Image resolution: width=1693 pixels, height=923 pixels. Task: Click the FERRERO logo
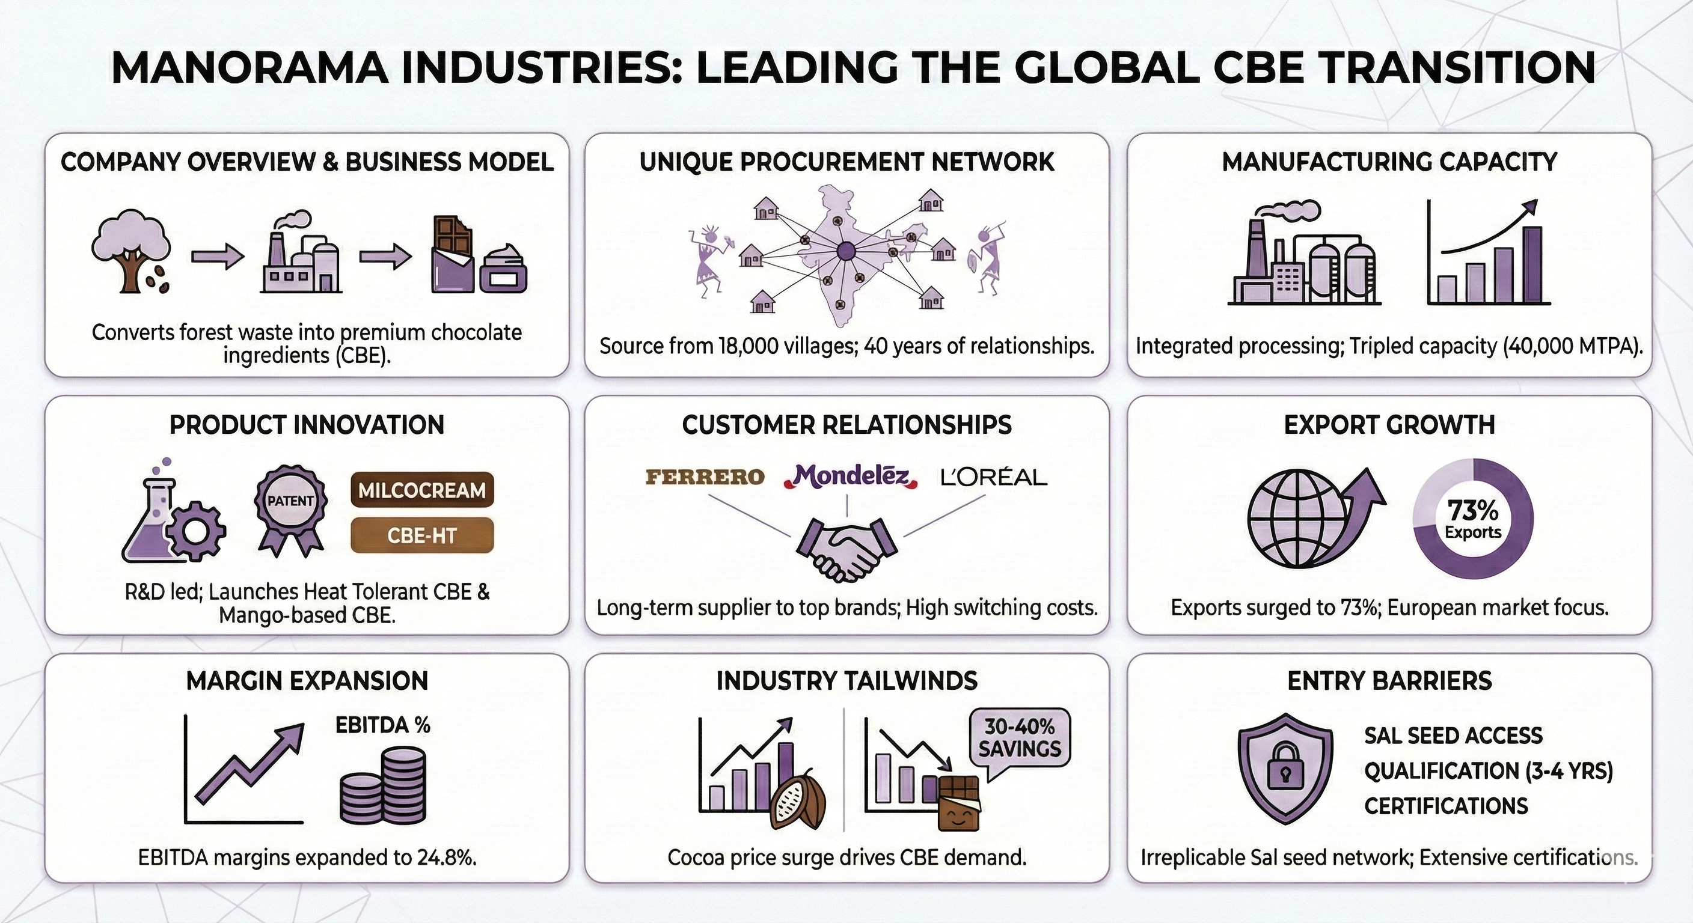tap(705, 477)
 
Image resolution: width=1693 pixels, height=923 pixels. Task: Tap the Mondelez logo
tap(848, 477)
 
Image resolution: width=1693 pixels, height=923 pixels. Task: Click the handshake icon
tap(846, 548)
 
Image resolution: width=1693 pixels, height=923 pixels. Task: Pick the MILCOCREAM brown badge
tap(422, 490)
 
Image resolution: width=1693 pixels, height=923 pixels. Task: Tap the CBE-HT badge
tap(422, 535)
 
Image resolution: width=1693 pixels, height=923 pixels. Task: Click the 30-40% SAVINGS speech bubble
tap(1020, 739)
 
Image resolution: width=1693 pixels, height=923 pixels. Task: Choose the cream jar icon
tap(504, 269)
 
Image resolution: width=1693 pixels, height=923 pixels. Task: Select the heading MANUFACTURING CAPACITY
tap(1389, 162)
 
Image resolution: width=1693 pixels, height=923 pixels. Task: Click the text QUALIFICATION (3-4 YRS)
tap(1489, 770)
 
